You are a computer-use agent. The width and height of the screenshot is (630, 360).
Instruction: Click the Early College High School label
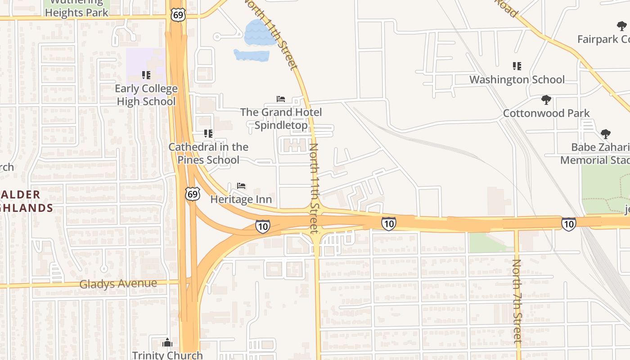146,95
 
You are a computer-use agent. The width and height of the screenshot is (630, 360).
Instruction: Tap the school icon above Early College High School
146,75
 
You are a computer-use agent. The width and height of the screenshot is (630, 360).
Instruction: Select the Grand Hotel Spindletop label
281,118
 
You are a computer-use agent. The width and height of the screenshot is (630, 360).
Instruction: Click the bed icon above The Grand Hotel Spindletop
281,99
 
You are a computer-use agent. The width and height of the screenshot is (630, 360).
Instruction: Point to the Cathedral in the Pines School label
208,153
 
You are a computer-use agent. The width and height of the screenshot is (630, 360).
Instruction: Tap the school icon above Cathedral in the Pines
208,133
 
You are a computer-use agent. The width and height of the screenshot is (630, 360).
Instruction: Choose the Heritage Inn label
241,199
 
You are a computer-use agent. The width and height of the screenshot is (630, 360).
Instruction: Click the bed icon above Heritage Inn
241,186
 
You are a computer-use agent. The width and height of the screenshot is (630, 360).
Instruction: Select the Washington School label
517,80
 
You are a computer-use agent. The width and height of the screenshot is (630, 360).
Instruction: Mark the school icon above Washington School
517,66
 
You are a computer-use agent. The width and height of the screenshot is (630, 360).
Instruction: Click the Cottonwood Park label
546,113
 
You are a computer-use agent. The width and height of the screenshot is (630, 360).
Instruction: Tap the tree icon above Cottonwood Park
546,99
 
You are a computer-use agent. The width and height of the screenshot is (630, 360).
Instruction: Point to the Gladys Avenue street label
118,284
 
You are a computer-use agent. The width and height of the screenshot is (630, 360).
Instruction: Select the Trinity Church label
167,355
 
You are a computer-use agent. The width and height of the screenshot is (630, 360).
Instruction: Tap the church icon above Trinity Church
167,342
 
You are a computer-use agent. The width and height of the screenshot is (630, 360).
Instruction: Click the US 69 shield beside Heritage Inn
193,194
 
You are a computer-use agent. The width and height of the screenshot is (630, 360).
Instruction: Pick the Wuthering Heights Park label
77,8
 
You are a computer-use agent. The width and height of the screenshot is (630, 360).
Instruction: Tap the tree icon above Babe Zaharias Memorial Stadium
606,134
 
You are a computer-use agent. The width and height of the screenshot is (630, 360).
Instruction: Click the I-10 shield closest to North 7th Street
568,224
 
